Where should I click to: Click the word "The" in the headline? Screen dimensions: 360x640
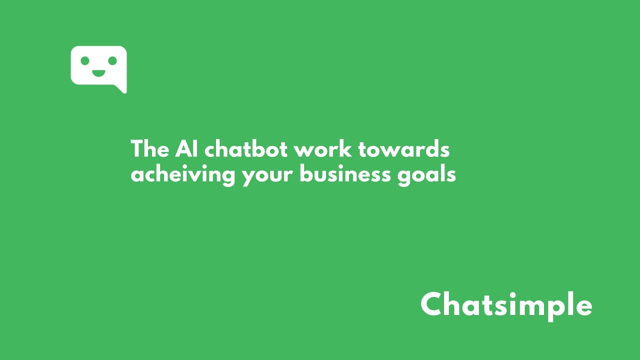[150, 149]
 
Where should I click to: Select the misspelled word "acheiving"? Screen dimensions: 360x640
[183, 175]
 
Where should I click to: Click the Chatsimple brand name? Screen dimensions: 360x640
[506, 304]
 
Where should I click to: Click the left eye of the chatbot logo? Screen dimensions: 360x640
[85, 60]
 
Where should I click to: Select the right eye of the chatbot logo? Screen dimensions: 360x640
[112, 60]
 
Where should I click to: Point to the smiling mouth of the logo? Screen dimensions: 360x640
[98, 73]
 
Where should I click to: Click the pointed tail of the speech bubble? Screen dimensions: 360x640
[121, 89]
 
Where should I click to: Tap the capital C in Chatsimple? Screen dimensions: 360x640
[433, 304]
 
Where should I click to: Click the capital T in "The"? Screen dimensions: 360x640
[137, 149]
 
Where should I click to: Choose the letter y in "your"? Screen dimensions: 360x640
[249, 177]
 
